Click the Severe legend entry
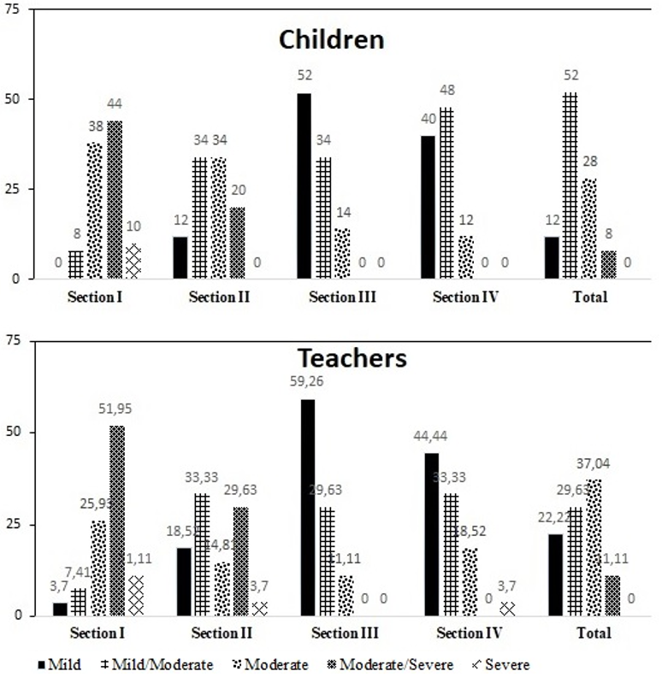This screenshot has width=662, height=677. tap(504, 664)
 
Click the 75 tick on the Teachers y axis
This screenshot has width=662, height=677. tap(14, 340)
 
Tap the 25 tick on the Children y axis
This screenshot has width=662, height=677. tap(14, 189)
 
